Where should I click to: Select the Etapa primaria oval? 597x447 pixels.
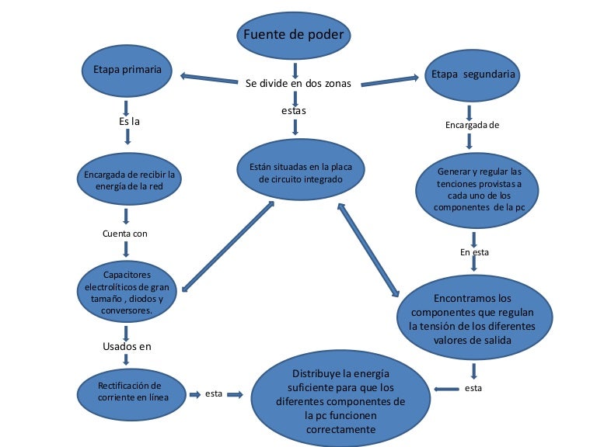pos(127,70)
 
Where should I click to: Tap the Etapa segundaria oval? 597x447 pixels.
pos(471,76)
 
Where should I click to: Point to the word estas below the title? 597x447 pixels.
pos(294,111)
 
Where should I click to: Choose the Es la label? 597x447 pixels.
pos(129,122)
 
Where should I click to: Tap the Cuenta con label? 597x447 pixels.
pos(124,233)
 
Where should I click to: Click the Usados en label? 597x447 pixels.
pos(127,346)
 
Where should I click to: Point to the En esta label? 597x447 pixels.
pos(474,252)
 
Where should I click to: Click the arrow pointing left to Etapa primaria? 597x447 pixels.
pos(208,79)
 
